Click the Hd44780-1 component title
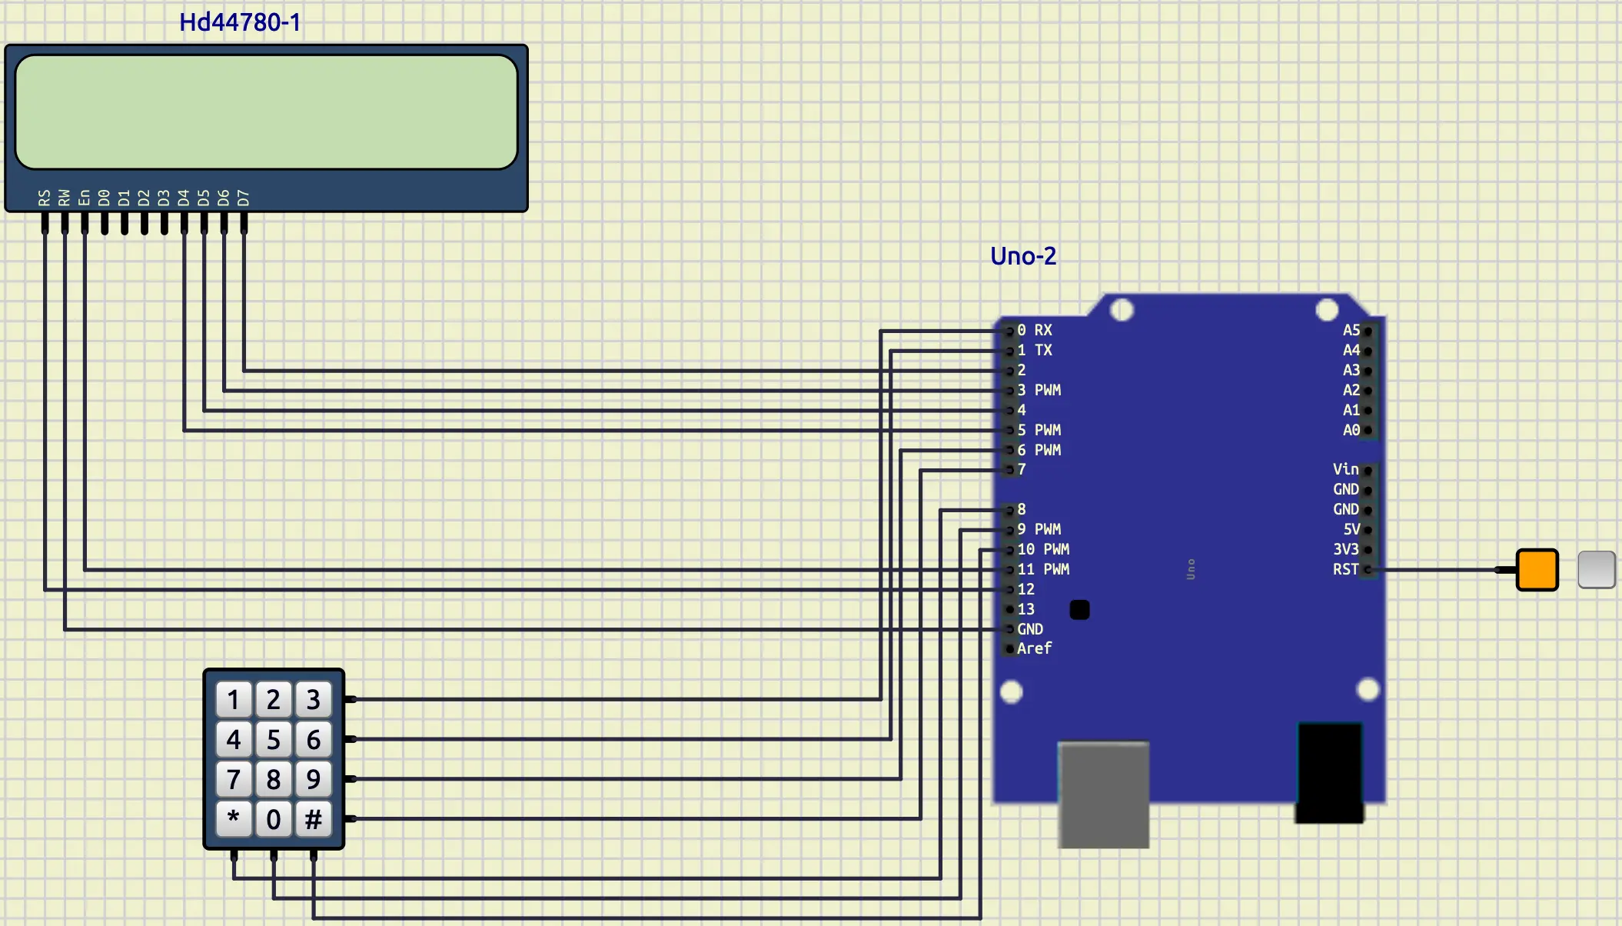tap(239, 22)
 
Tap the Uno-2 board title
tap(1022, 256)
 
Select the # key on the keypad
tap(313, 819)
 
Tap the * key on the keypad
tap(234, 819)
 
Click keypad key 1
tap(234, 700)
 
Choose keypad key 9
tap(313, 779)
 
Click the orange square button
tap(1537, 570)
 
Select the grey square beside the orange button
tap(1596, 570)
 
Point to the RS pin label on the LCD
tap(45, 198)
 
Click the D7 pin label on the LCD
tap(244, 198)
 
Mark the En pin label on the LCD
tap(85, 198)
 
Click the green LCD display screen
tap(266, 112)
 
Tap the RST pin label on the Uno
tap(1345, 569)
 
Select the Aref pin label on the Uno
tap(1034, 648)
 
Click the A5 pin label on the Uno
tap(1351, 330)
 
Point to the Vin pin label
tap(1345, 469)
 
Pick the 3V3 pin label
tap(1345, 549)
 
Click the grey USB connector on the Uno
tap(1103, 794)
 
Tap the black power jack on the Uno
tap(1329, 772)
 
